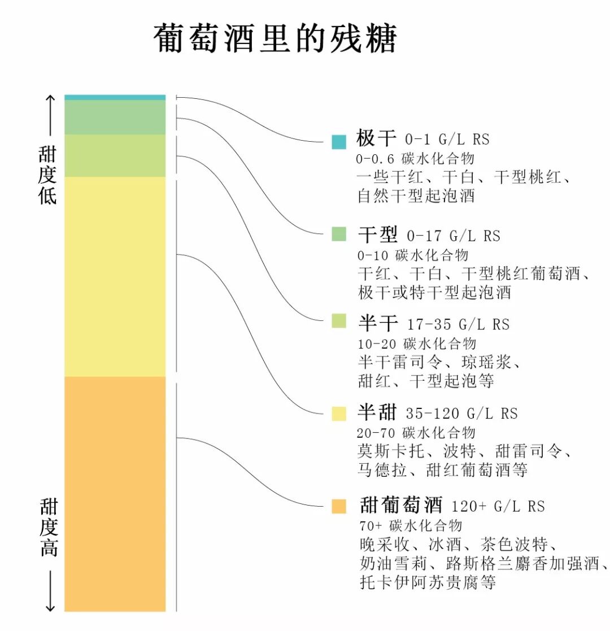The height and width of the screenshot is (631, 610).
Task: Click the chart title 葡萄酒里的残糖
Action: (x=276, y=39)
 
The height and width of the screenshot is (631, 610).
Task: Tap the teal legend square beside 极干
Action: (x=339, y=142)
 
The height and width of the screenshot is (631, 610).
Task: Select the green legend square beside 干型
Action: (x=339, y=234)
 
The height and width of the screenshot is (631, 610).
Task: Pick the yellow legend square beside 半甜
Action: (x=339, y=414)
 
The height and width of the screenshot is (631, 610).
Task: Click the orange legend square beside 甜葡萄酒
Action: (x=339, y=506)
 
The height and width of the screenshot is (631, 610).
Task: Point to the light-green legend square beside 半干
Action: (x=339, y=321)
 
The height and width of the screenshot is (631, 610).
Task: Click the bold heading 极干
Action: (x=377, y=138)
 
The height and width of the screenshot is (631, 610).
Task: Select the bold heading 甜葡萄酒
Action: (x=401, y=504)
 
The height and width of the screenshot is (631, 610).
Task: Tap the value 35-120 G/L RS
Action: (x=461, y=414)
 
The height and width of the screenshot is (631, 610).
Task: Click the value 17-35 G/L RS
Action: (x=458, y=324)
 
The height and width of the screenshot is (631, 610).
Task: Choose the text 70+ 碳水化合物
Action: (x=411, y=525)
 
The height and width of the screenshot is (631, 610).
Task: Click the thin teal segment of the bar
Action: (x=115, y=98)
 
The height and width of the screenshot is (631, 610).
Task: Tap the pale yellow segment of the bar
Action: (x=115, y=277)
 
